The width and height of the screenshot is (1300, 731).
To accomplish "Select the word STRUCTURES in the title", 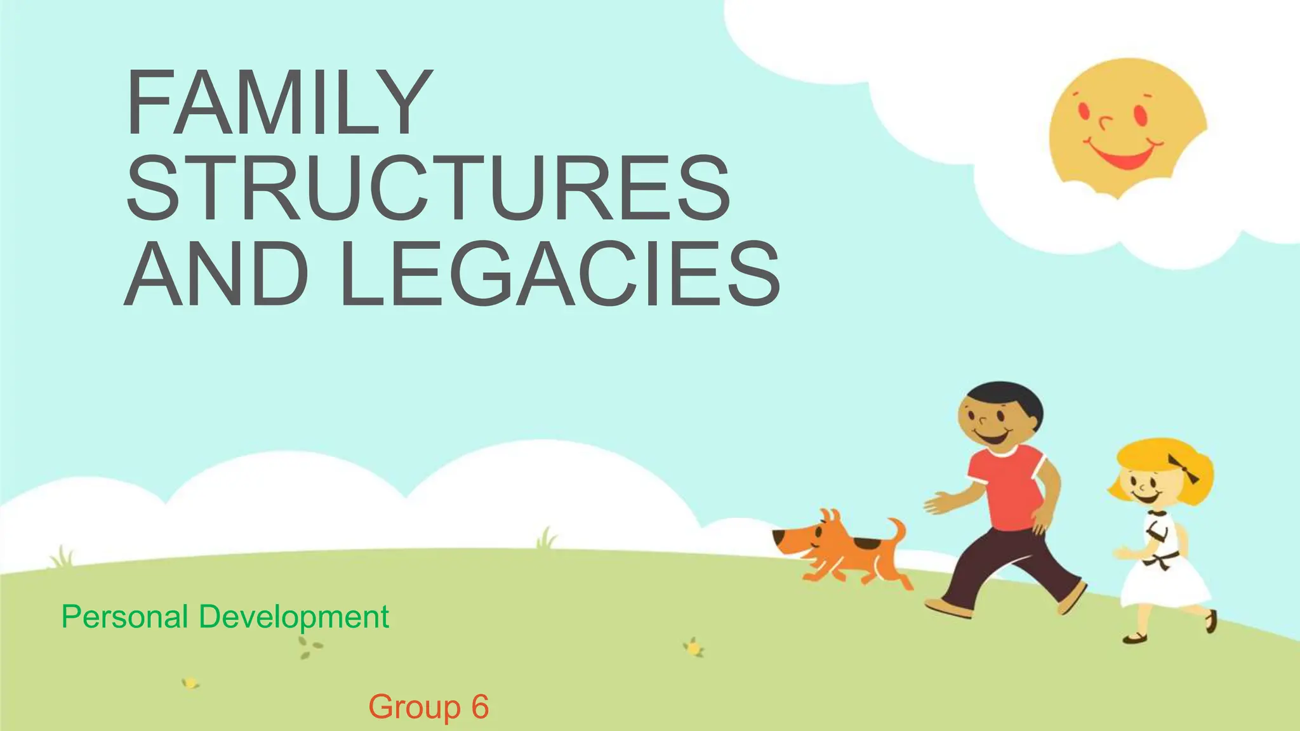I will click(429, 188).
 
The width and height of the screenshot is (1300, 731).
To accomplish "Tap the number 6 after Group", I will click(480, 707).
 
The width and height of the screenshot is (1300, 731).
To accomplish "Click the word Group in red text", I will click(415, 708).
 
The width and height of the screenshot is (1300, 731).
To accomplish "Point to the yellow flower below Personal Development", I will click(189, 683).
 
